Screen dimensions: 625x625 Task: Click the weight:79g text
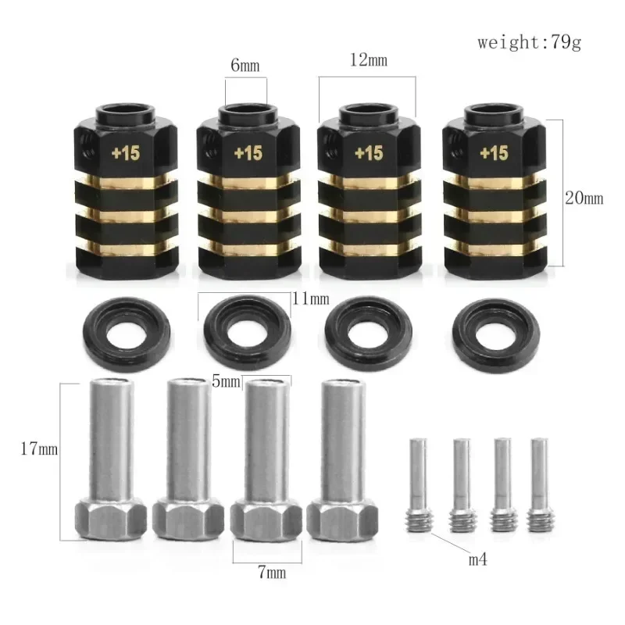[x=530, y=42]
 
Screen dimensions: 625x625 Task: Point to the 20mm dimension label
[x=584, y=198]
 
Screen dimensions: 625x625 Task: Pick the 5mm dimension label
[x=227, y=381]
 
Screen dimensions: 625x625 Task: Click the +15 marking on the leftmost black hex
[x=125, y=154]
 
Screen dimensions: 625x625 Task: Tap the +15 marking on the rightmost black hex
[x=494, y=154]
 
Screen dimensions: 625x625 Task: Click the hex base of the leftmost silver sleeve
[x=111, y=519]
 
